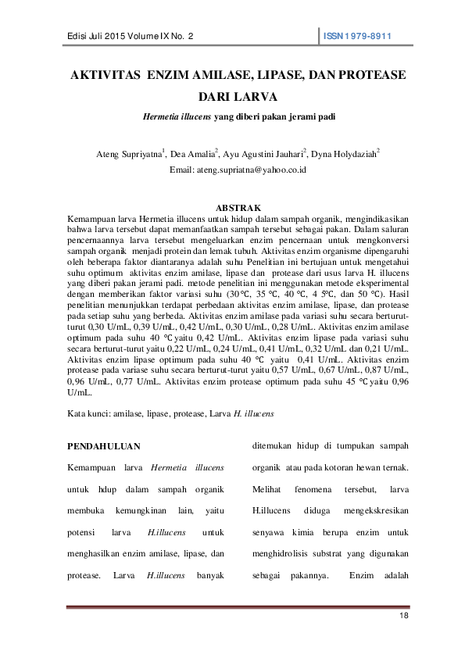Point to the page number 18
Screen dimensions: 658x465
pyautogui.click(x=404, y=617)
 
